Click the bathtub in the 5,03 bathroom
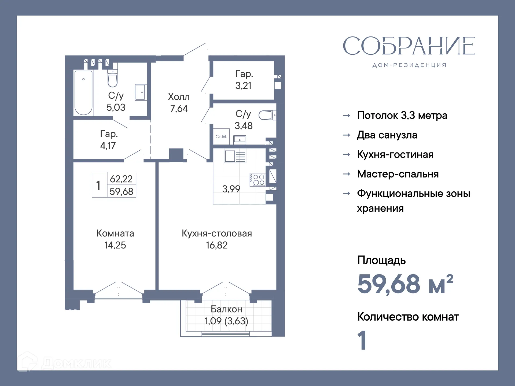click(83, 92)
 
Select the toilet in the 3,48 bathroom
click(266, 115)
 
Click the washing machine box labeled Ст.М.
click(221, 137)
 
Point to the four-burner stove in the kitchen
click(258, 180)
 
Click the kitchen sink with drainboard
click(235, 156)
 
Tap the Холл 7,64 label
click(179, 103)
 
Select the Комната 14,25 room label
click(115, 239)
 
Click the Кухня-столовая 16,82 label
click(217, 239)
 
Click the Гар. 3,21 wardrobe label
click(244, 80)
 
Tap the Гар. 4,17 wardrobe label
click(108, 140)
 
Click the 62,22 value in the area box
click(121, 179)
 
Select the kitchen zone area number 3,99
click(231, 189)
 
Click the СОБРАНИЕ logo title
click(409, 46)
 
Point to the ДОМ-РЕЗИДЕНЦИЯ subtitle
click(409, 65)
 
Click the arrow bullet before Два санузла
click(347, 135)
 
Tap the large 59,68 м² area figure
click(405, 284)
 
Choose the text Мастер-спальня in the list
click(398, 174)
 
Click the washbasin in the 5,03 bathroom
click(140, 92)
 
